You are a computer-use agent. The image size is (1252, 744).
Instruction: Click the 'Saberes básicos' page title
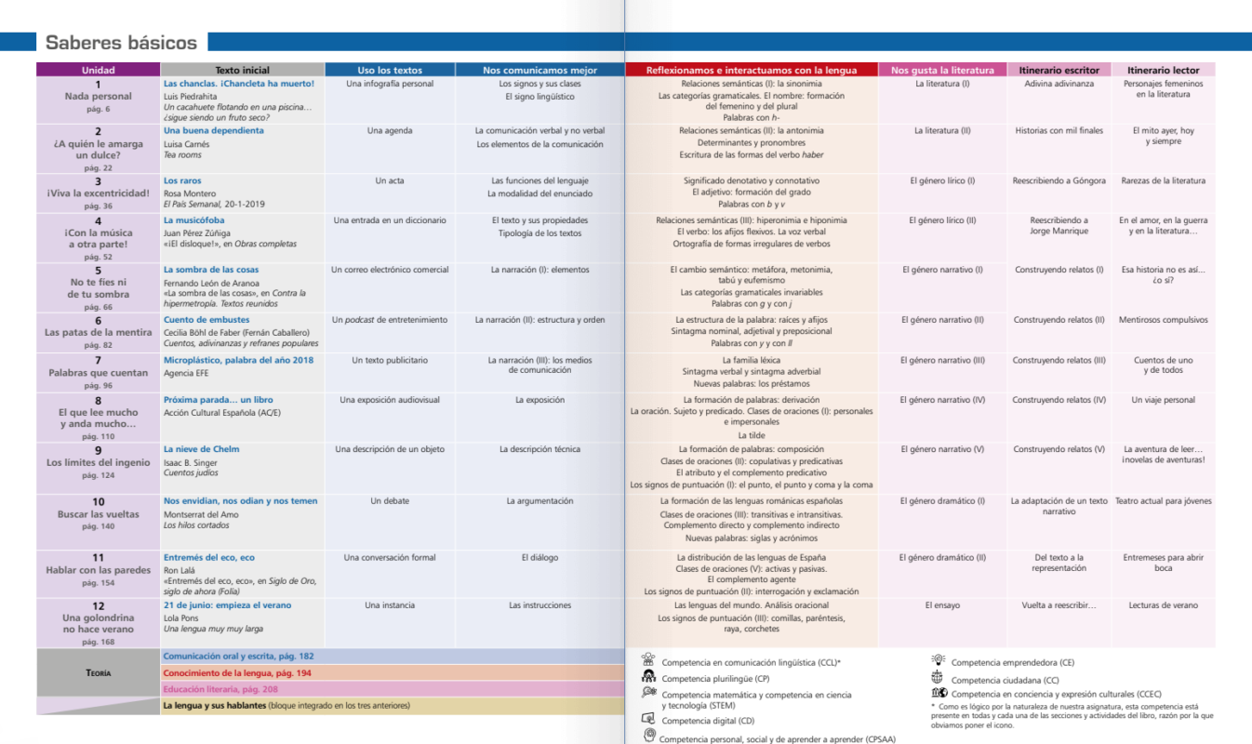click(x=121, y=43)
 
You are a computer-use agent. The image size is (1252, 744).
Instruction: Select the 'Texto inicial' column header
click(x=242, y=70)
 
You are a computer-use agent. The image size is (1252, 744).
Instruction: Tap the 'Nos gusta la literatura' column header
click(x=941, y=70)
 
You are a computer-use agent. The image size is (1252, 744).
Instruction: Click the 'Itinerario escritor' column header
click(x=1059, y=70)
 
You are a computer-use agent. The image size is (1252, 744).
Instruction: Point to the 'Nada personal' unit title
click(x=98, y=96)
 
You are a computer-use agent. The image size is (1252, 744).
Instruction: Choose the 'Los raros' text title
click(x=182, y=180)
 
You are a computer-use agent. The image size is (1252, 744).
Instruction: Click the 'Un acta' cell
click(x=389, y=180)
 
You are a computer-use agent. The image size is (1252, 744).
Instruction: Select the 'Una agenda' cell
click(x=389, y=130)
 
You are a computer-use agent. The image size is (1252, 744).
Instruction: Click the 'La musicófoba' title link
click(x=193, y=220)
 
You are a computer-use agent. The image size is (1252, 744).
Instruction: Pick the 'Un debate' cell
click(x=389, y=500)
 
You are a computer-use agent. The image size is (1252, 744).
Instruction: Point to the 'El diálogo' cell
click(x=539, y=558)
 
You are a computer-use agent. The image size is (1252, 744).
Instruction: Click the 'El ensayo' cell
click(x=942, y=605)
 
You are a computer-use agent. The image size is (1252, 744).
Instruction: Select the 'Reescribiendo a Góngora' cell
click(x=1059, y=180)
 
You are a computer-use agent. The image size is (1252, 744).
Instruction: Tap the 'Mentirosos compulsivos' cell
click(x=1164, y=320)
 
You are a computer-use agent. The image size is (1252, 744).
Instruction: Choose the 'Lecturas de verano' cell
click(x=1164, y=605)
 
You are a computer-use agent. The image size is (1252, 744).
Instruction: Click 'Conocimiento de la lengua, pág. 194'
click(x=236, y=672)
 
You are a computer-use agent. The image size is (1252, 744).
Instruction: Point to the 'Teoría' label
click(x=98, y=672)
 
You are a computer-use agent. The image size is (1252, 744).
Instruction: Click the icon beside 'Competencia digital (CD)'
click(x=648, y=719)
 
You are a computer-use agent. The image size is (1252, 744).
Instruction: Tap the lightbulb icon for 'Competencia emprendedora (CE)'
click(x=938, y=660)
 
